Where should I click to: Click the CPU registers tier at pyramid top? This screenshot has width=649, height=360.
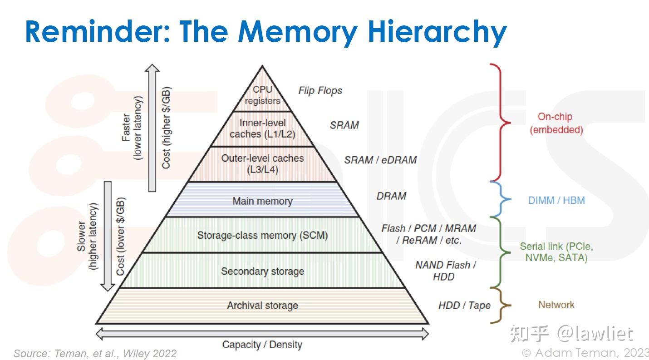coord(262,95)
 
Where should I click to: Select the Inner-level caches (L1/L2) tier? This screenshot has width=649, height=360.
coord(262,128)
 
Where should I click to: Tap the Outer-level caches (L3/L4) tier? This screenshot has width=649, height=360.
coord(262,164)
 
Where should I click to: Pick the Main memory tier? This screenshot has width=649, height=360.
coord(262,201)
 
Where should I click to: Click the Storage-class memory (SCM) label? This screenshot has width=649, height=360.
coord(262,235)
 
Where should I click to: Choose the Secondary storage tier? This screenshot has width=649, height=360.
coord(262,271)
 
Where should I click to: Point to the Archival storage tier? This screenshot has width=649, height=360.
coord(262,306)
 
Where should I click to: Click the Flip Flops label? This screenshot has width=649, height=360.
coord(320,91)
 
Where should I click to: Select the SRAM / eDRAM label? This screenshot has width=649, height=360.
coord(380,160)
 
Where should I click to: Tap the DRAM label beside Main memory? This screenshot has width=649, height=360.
coord(391,196)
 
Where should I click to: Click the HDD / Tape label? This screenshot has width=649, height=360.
coord(464,306)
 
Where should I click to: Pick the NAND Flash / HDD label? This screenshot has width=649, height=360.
coord(445,271)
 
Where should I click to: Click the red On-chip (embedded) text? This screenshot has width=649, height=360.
coord(556,123)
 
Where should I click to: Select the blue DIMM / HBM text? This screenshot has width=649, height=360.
coord(556,200)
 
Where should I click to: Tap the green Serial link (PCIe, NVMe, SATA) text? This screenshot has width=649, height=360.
coord(556,252)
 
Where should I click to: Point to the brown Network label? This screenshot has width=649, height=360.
coord(556,305)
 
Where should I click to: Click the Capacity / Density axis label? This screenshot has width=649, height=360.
coord(262,345)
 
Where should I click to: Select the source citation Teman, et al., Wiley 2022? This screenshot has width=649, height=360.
coord(95,354)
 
